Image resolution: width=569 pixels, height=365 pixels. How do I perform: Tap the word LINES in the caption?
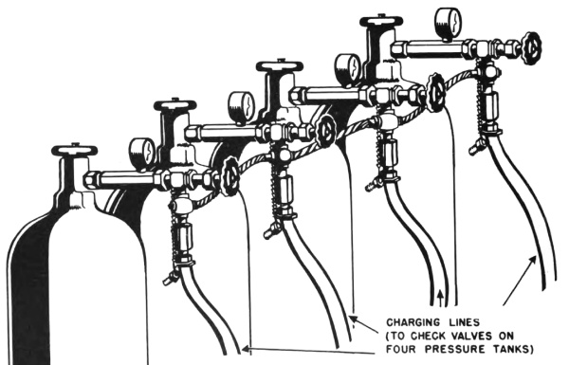464,322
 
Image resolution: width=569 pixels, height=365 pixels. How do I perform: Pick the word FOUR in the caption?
402,349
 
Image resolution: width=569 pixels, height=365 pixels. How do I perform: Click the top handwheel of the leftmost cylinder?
75,149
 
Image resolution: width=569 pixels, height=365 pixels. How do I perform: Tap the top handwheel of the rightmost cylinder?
381,20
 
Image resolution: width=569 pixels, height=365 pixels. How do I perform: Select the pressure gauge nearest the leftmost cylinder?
142,150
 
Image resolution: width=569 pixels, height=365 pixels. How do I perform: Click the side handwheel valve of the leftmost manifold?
230,176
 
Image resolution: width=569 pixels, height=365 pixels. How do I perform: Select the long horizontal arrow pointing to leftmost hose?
308,351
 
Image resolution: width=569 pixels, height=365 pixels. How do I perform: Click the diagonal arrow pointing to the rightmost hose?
520,280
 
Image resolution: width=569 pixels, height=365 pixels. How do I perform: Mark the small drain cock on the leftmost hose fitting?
170,279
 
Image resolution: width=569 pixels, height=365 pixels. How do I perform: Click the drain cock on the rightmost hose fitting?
476,147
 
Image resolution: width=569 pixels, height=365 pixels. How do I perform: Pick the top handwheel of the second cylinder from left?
175,105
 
